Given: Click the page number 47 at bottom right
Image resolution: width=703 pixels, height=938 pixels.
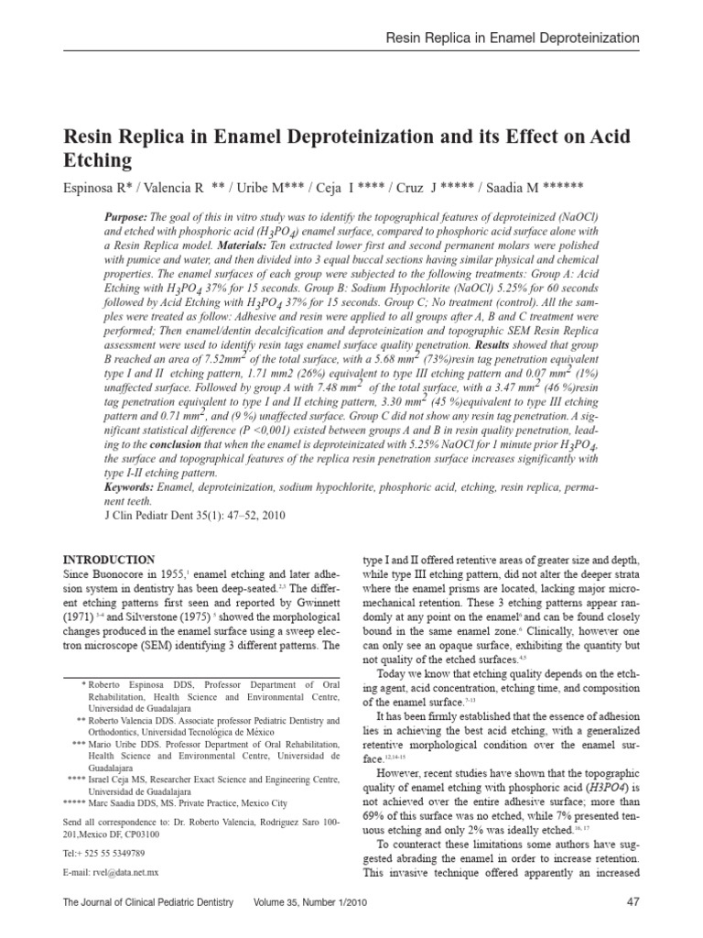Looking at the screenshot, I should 631,902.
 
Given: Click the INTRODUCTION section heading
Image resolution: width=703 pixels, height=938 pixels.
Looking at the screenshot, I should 108,560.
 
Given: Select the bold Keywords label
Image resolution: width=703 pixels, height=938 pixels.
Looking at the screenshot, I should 129,487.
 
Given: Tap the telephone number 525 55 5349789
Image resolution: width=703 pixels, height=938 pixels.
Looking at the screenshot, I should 119,852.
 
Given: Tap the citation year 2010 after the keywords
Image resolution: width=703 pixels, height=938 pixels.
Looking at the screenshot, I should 271,516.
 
